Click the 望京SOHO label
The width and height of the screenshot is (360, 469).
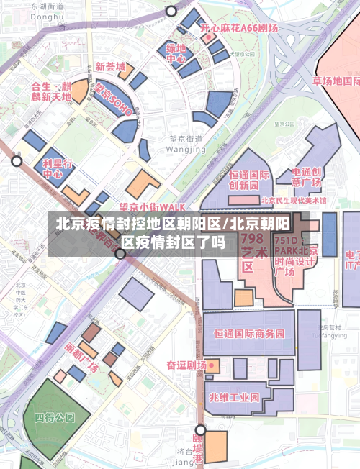(114, 101)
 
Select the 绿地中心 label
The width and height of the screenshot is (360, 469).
(176, 54)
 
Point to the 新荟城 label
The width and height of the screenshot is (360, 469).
(110, 65)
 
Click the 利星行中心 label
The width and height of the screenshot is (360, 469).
(57, 168)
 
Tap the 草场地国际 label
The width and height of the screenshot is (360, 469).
(336, 81)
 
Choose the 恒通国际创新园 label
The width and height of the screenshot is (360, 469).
(249, 179)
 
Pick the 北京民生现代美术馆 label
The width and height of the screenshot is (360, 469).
(294, 200)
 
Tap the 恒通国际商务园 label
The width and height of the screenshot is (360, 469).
(249, 334)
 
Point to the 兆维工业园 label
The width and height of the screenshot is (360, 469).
(234, 396)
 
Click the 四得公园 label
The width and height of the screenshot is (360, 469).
(55, 416)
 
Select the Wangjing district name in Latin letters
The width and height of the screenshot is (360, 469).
(185, 149)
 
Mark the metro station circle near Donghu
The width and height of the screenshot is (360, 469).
(171, 11)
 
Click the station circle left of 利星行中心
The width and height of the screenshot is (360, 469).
(17, 160)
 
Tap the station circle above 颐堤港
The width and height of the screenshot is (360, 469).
(201, 430)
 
